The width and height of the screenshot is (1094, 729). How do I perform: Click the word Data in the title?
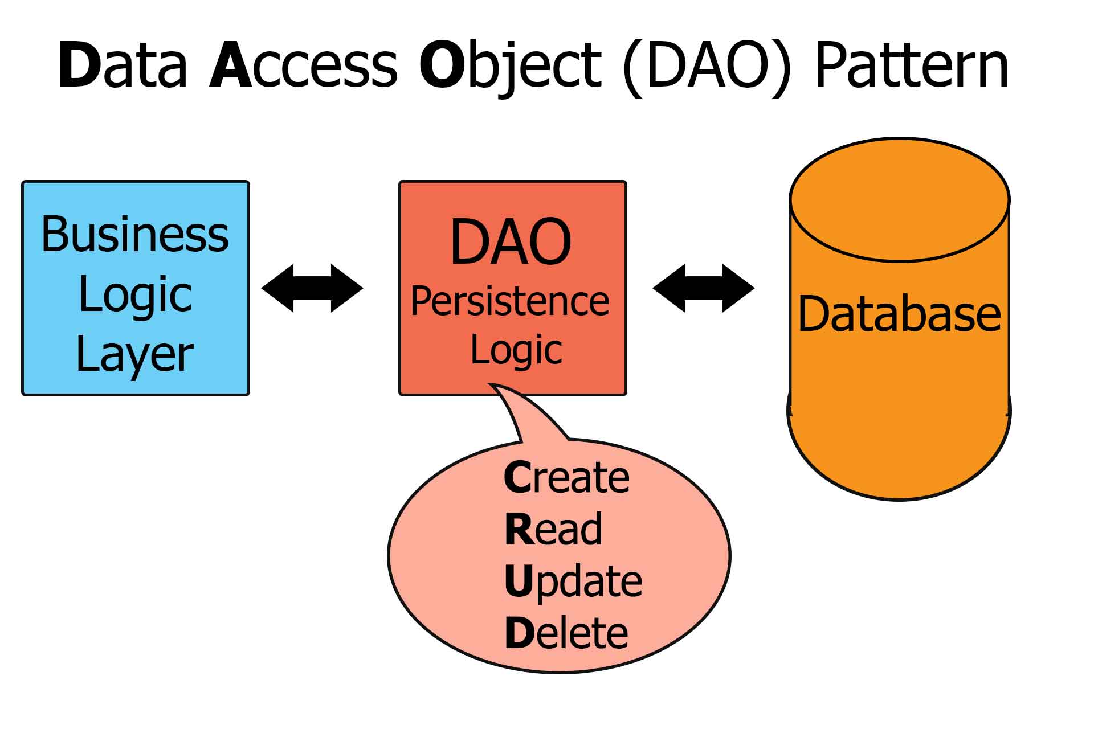coord(123,65)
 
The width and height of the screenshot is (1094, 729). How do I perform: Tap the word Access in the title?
coord(304,66)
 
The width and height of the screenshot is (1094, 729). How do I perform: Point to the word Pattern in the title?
coord(912,66)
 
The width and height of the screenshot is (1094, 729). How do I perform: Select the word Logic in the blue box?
coord(136,296)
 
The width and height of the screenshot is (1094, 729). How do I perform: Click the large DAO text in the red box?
coord(511,242)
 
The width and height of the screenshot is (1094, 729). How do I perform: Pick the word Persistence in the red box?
coord(510,301)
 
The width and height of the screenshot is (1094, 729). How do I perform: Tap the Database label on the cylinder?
coord(899,314)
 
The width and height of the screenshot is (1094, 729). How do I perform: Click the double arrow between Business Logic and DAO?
coord(312,288)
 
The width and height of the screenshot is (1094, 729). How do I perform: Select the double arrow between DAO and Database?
coord(704,288)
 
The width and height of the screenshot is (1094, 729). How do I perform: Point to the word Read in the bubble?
coord(553,529)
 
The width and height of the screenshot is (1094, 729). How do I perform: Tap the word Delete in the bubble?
coord(566,633)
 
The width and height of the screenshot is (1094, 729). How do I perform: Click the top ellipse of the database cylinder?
coord(899,200)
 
